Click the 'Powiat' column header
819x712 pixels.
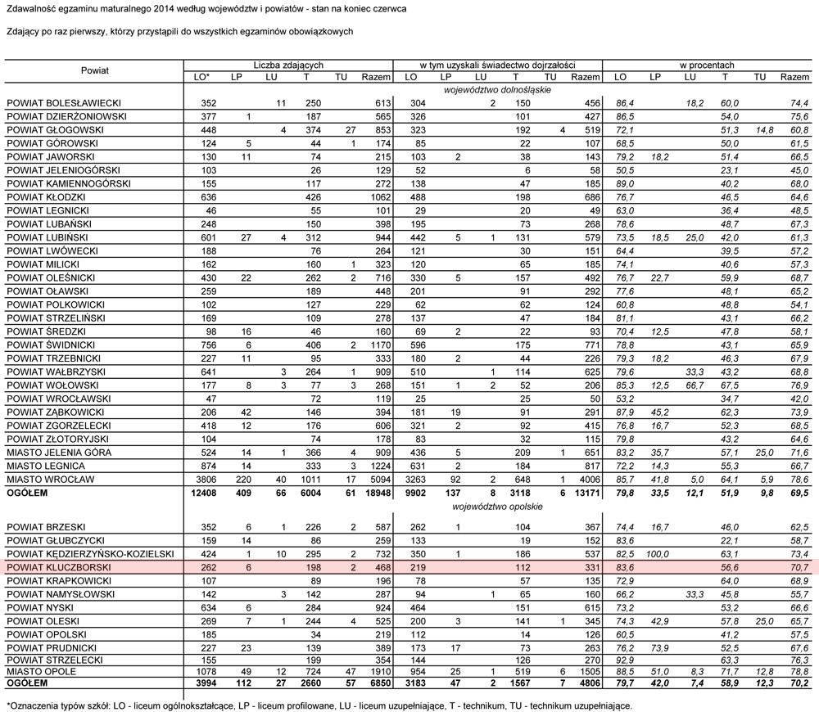click(x=95, y=70)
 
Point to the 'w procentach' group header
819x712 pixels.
click(x=707, y=65)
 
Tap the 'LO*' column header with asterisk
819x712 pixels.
click(x=202, y=77)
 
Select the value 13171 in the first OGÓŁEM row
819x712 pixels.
click(x=583, y=493)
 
